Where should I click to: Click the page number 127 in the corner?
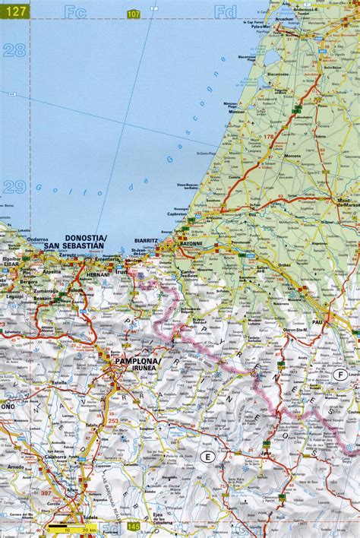click(x=13, y=10)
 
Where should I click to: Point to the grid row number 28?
click(x=13, y=51)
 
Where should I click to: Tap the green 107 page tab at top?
click(x=134, y=14)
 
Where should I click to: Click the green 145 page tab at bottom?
click(x=134, y=527)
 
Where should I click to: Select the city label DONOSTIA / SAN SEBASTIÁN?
click(x=75, y=242)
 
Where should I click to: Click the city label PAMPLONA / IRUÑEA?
click(x=137, y=364)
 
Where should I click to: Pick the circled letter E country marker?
click(x=206, y=455)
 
